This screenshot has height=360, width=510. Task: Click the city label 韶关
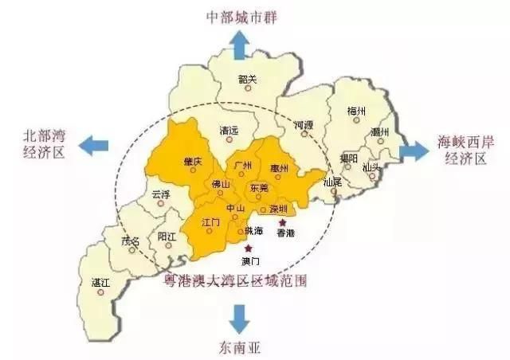pyautogui.click(x=248, y=78)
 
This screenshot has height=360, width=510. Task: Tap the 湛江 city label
pyautogui.click(x=100, y=282)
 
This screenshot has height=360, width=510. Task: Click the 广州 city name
pyautogui.click(x=243, y=165)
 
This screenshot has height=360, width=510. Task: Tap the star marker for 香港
pyautogui.click(x=281, y=221)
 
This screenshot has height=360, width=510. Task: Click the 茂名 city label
pyautogui.click(x=128, y=241)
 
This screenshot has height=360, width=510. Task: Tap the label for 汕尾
pyautogui.click(x=331, y=182)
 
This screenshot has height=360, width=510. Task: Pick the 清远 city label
pyautogui.click(x=229, y=131)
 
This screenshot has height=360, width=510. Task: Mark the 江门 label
pyautogui.click(x=211, y=221)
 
